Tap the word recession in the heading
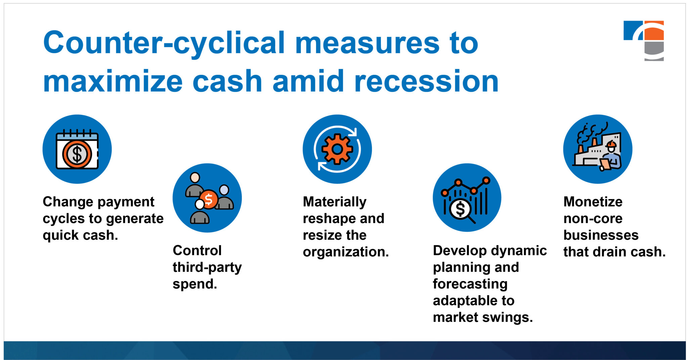[426, 82]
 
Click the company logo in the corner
[644, 40]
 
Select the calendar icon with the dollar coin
[77, 149]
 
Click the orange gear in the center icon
[337, 149]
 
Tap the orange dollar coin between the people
[209, 199]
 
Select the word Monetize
[593, 202]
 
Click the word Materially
[334, 202]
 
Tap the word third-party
[207, 267]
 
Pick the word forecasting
[470, 284]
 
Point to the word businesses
[601, 235]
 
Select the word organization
[345, 252]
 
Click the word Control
[197, 251]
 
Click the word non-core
[593, 219]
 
